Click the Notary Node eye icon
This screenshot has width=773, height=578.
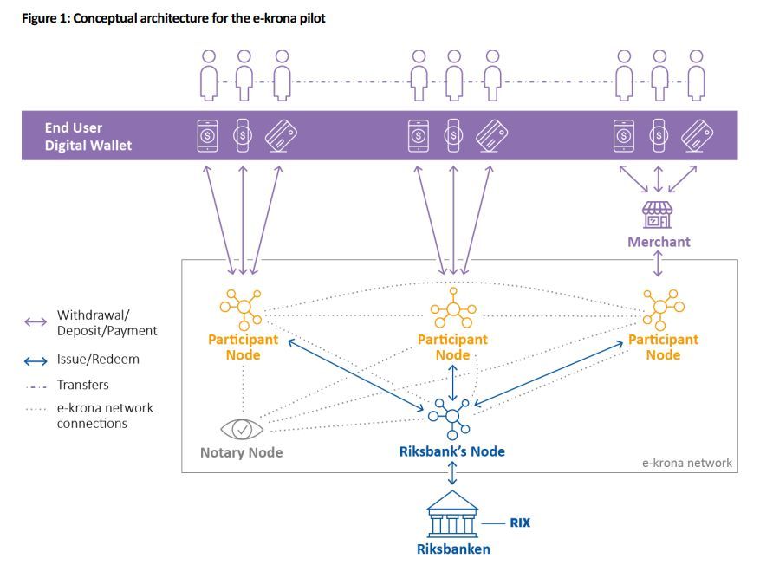click(242, 429)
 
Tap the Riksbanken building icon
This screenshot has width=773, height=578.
click(452, 514)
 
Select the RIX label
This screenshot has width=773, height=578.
click(520, 523)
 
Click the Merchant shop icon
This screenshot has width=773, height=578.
click(657, 215)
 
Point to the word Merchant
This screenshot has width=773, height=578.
click(659, 242)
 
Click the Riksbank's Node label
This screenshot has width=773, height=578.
click(452, 451)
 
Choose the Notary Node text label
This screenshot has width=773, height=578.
click(242, 452)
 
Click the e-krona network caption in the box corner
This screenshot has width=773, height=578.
click(686, 463)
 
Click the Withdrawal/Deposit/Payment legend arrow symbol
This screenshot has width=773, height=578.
click(36, 322)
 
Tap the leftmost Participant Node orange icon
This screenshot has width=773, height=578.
click(241, 309)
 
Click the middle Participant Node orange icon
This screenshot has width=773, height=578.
click(453, 308)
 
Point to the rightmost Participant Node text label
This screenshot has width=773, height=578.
click(663, 347)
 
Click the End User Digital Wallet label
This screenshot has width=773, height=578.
click(88, 137)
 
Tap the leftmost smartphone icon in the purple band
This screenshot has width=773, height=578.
click(207, 136)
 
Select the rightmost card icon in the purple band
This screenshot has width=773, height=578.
click(697, 136)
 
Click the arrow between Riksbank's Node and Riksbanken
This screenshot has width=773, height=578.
click(452, 473)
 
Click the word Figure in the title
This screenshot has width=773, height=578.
click(40, 19)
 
